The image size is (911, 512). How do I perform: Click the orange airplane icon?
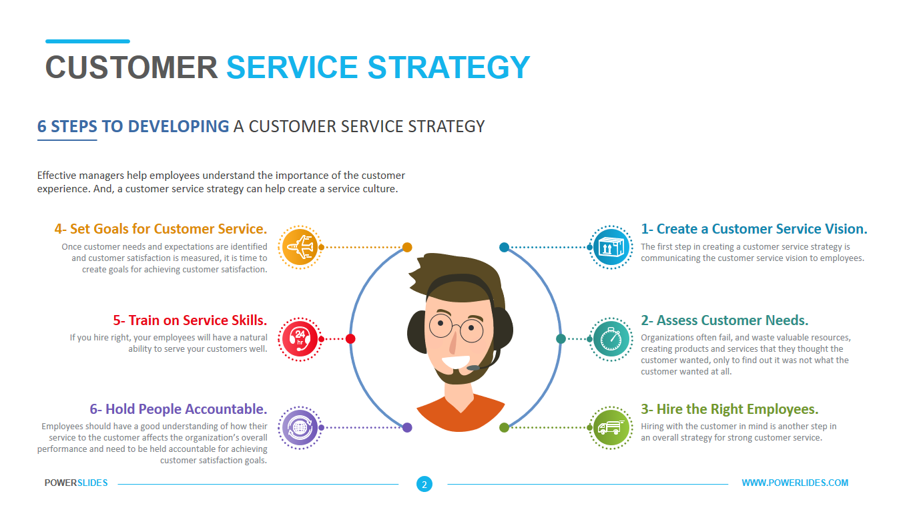(x=300, y=247)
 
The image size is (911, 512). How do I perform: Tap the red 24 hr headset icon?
(x=300, y=339)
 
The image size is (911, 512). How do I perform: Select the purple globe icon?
(x=300, y=427)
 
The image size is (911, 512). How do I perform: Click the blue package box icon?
(x=611, y=247)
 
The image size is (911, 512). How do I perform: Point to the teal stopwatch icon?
(x=611, y=339)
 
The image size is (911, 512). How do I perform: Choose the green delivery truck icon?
(x=611, y=427)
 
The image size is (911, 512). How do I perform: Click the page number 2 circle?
(x=424, y=484)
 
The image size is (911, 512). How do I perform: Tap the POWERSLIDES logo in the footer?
(x=76, y=483)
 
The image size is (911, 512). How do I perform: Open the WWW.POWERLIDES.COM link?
(x=795, y=483)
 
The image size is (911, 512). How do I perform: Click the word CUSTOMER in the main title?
(x=131, y=67)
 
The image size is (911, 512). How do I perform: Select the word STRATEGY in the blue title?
(x=449, y=67)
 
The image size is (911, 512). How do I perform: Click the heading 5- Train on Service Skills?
(x=190, y=320)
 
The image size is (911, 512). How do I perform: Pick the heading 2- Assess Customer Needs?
(x=724, y=320)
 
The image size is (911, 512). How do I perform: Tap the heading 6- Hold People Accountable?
(x=178, y=409)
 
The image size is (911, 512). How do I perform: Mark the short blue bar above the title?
(x=87, y=41)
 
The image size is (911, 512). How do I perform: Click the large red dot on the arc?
(x=350, y=338)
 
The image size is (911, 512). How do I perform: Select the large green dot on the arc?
(x=504, y=427)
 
